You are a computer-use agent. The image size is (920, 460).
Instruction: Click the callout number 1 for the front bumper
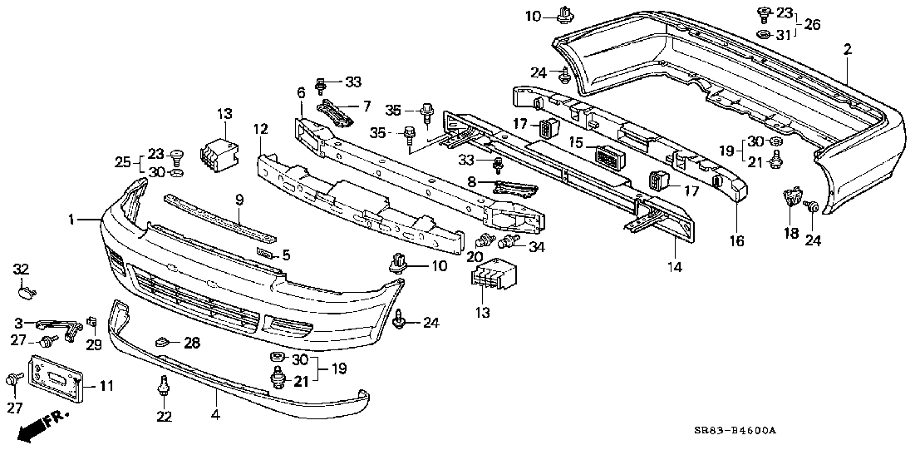click(x=73, y=220)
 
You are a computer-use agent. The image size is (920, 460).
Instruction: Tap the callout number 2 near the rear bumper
click(x=848, y=50)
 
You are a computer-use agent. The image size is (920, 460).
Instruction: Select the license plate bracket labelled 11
click(x=57, y=378)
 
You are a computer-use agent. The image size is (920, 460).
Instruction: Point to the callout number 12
click(x=260, y=129)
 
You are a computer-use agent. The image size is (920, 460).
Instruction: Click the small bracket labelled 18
click(x=791, y=200)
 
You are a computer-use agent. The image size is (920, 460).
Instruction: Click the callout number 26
click(x=812, y=24)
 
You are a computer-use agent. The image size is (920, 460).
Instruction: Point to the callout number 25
click(x=122, y=161)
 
